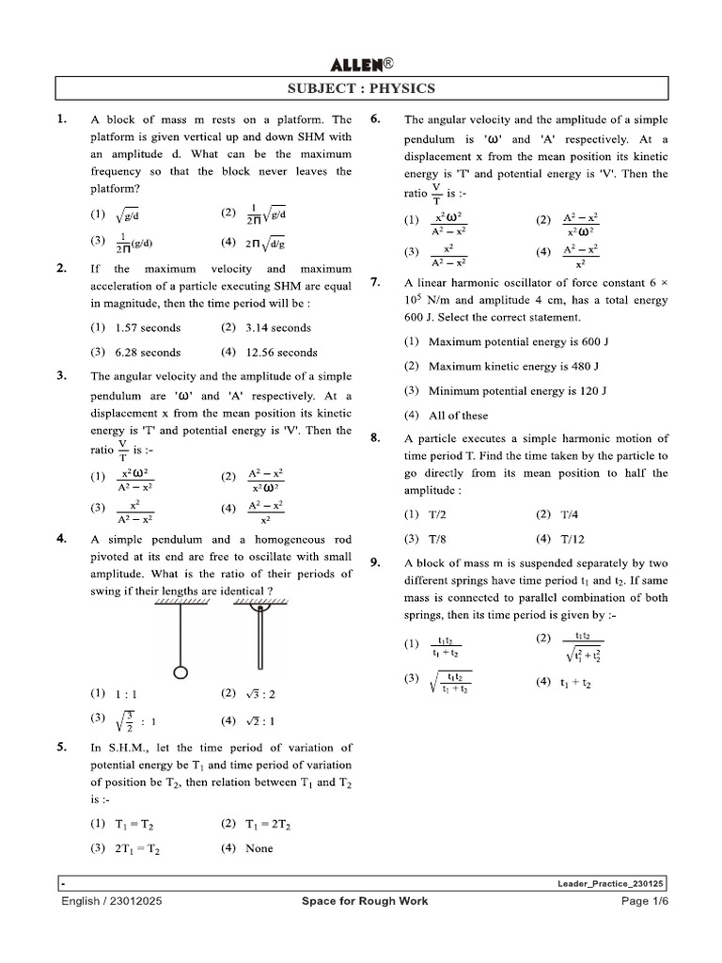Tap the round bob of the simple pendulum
click(181, 672)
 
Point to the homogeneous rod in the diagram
click(257, 639)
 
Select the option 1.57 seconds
click(148, 328)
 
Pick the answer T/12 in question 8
click(571, 539)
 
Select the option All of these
click(458, 415)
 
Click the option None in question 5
click(259, 848)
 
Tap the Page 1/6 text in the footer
click(639, 901)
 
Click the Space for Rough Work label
click(365, 901)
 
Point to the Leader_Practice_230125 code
click(608, 884)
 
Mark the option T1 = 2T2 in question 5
click(270, 824)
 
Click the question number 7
click(375, 282)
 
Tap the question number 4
click(62, 539)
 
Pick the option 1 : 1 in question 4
click(126, 694)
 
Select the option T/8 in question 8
click(437, 539)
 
